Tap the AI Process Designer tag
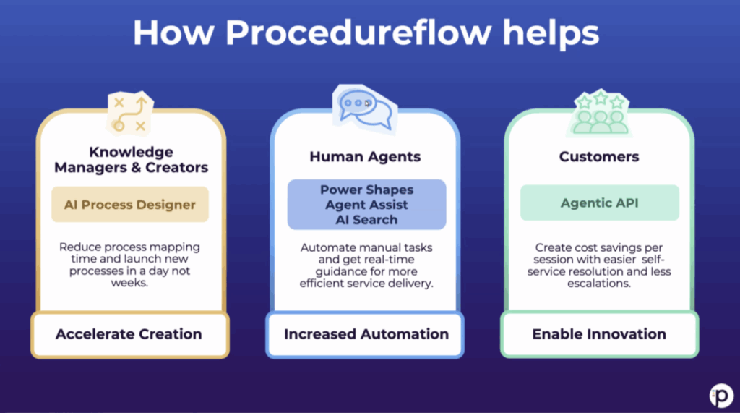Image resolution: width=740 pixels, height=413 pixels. coord(130,205)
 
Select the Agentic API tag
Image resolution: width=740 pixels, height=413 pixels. coord(599,203)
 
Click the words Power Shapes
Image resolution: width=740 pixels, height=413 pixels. coord(367,190)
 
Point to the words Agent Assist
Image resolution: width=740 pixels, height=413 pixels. coord(367,205)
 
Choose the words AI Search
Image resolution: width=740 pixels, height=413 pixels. coord(367,219)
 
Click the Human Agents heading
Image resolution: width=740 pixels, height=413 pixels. coord(365,156)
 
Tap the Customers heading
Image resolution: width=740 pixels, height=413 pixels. coord(599,156)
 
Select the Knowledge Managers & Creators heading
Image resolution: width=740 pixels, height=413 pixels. coord(131,160)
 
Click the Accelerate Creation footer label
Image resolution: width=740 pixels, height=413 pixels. coord(129,334)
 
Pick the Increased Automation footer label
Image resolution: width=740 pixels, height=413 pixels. coord(366,334)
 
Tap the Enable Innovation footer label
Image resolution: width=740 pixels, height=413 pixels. coord(599,334)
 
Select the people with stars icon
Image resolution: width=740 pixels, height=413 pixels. coord(599,114)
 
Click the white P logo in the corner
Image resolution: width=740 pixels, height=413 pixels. coord(721,394)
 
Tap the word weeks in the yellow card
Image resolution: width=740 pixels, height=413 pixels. coord(130,283)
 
